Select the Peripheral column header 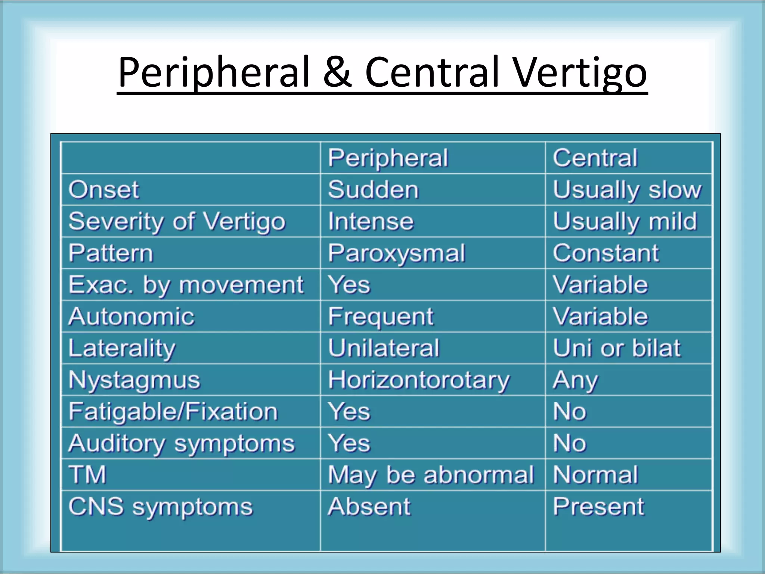388,158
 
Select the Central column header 595,158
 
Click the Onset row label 103,189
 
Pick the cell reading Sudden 373,189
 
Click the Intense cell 371,221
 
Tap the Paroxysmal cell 396,253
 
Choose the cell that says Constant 606,253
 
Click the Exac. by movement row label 186,285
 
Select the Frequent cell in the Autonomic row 381,317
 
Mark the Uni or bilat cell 616,348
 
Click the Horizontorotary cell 418,380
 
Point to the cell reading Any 575,380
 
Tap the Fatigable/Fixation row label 173,411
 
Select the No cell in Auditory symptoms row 570,443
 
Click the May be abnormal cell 431,475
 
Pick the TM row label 87,475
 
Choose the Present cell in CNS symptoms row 598,507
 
